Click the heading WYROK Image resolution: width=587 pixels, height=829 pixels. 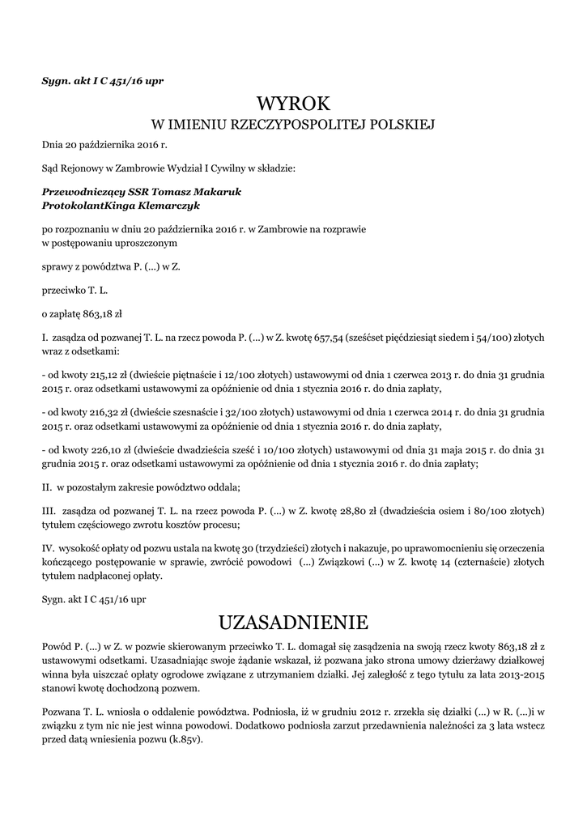[293, 104]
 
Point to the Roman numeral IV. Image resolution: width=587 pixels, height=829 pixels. [48, 548]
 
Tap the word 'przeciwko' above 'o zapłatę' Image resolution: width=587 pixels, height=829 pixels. [62, 289]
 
